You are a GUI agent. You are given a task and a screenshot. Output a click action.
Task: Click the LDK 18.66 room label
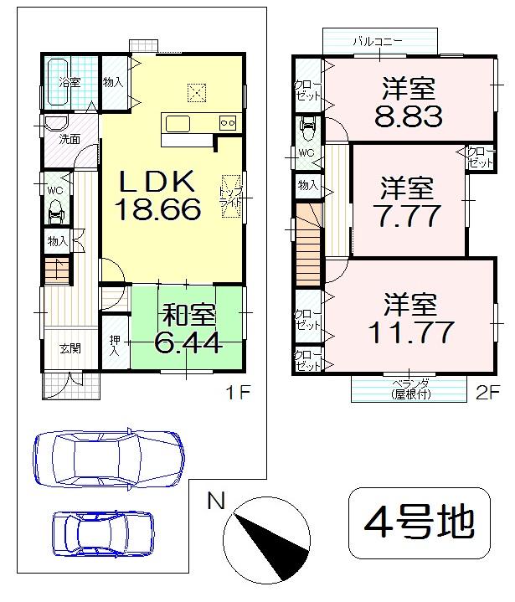pyautogui.click(x=158, y=195)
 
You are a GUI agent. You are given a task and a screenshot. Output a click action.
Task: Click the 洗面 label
pyautogui.click(x=70, y=139)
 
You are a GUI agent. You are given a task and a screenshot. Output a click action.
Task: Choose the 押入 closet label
pyautogui.click(x=115, y=346)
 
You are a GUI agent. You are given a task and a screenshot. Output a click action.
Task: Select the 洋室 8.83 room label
pyautogui.click(x=408, y=101)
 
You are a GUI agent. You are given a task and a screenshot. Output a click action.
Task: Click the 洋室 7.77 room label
pyautogui.click(x=408, y=203)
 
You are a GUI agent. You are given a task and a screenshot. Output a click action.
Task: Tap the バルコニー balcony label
pyautogui.click(x=378, y=40)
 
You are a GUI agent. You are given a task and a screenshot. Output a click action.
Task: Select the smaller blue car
pyautogui.click(x=103, y=533)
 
